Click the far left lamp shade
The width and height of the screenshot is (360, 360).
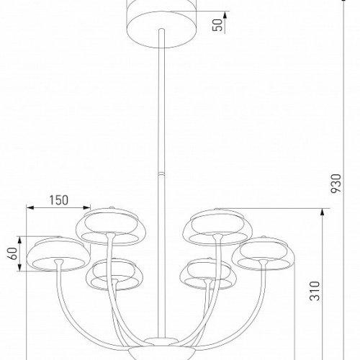[53, 254]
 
